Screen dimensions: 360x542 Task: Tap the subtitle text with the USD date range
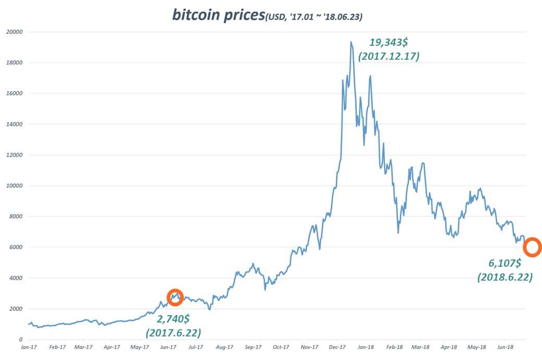(x=314, y=17)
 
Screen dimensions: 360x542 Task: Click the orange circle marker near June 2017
(x=175, y=297)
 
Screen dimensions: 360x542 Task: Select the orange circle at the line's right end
(x=532, y=247)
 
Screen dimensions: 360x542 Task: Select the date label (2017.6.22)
(x=173, y=332)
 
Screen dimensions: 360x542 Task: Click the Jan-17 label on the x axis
(x=28, y=346)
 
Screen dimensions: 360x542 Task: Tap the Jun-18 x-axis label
(x=506, y=346)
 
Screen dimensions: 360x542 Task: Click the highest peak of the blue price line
(x=351, y=42)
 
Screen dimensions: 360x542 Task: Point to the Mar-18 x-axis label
(x=421, y=346)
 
